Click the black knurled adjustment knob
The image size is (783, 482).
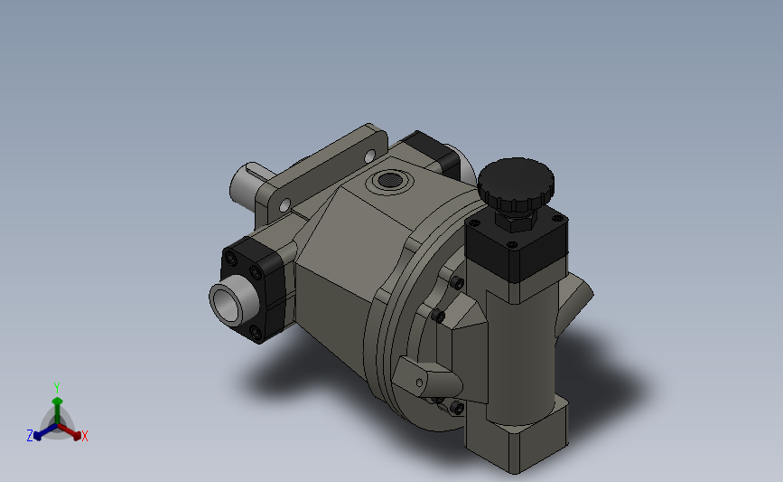516,184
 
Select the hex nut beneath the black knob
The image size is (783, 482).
514,218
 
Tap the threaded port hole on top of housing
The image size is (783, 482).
389,179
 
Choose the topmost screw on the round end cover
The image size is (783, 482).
458,284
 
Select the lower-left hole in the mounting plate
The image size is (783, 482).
285,207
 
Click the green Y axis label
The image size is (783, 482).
56,387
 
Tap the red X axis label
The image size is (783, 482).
85,437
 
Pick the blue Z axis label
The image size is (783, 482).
29,436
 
